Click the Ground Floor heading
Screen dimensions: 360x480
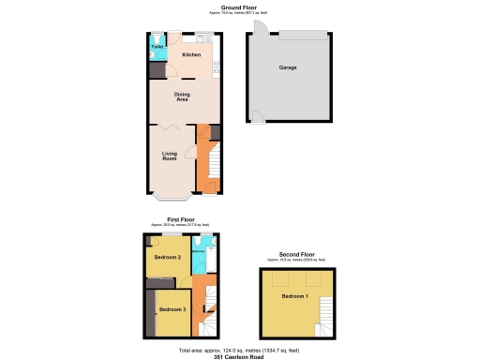pos(239,7)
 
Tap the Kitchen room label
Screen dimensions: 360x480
pos(191,54)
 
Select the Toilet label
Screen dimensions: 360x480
pos(157,46)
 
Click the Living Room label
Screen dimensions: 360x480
pos(170,157)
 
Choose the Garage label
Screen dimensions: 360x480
pos(288,68)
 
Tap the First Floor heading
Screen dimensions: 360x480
pos(180,218)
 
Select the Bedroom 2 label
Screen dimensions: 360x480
pos(167,256)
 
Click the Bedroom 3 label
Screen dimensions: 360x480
pos(172,309)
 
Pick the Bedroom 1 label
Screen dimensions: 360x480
pos(294,297)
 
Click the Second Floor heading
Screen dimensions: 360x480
pos(296,253)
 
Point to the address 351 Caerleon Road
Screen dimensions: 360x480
pos(240,355)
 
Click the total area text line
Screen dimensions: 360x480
pos(240,349)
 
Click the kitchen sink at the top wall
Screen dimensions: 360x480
pos(202,37)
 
